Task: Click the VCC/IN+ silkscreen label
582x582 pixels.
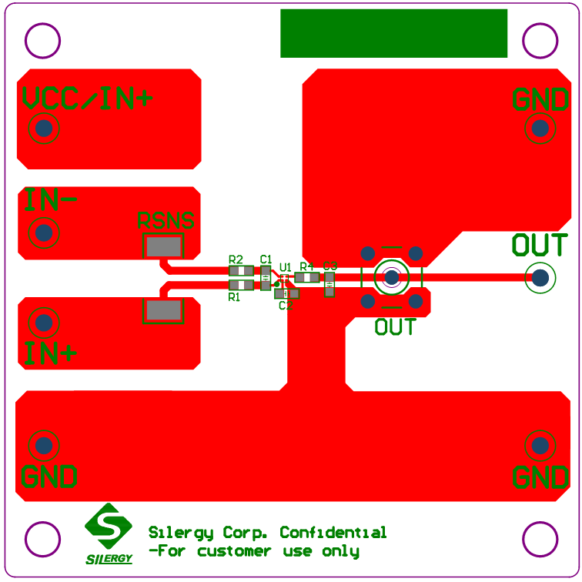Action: pos(87,98)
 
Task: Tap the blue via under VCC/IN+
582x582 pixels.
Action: pos(44,128)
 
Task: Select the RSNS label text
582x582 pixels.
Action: pos(166,221)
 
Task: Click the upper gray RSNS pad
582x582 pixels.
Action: pos(164,247)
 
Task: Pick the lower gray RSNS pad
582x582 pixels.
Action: pos(164,310)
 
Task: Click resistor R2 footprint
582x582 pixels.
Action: pos(241,270)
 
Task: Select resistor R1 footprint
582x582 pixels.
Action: pos(241,284)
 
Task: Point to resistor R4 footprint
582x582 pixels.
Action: pos(307,277)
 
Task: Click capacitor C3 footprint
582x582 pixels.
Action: pos(329,284)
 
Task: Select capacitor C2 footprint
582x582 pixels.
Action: pos(286,293)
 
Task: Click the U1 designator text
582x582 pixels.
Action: pos(286,266)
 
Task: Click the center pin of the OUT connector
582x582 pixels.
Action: pos(392,277)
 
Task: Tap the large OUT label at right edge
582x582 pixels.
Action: pos(540,246)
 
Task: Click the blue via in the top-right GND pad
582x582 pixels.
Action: pos(540,128)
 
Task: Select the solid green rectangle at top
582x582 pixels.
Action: pos(393,33)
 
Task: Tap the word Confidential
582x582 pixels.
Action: pos(333,533)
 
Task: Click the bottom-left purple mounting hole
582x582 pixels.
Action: pos(42,539)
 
